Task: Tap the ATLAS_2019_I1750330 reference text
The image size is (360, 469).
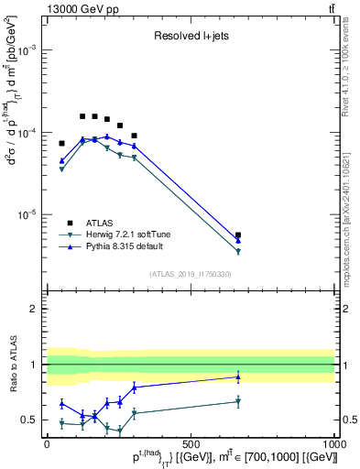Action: (190, 273)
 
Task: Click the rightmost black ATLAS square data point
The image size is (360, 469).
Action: (238, 235)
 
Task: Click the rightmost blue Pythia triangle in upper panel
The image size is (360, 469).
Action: (238, 241)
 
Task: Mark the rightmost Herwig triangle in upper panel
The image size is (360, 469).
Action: (238, 252)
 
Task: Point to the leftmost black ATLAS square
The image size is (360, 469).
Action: (61, 143)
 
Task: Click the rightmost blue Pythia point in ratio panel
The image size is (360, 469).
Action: (238, 376)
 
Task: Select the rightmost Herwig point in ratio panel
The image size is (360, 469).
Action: (238, 401)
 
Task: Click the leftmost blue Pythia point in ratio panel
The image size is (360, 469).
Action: (61, 403)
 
